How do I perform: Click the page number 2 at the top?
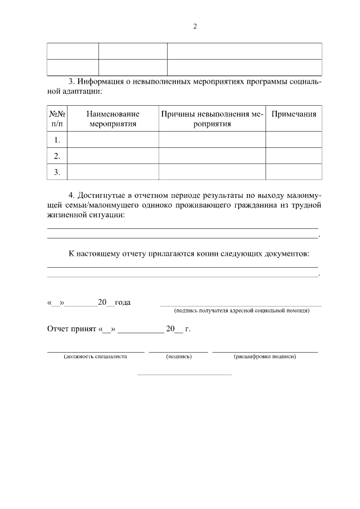(x=195, y=26)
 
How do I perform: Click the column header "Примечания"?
(x=294, y=114)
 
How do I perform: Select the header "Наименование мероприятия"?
(x=112, y=119)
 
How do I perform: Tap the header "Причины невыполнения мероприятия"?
(x=212, y=119)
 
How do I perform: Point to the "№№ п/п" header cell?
(x=57, y=119)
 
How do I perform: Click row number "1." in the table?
(x=57, y=139)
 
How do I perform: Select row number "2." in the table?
(x=57, y=156)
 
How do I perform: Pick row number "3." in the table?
(x=57, y=172)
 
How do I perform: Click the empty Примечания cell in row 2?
(x=294, y=156)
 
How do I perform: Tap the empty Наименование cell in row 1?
(x=112, y=139)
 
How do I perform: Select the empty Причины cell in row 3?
(x=212, y=172)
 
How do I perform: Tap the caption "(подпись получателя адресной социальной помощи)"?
(x=242, y=310)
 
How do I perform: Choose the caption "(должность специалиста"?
(x=96, y=356)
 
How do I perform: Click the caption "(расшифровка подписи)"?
(x=264, y=356)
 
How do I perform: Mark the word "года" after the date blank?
(x=123, y=303)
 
